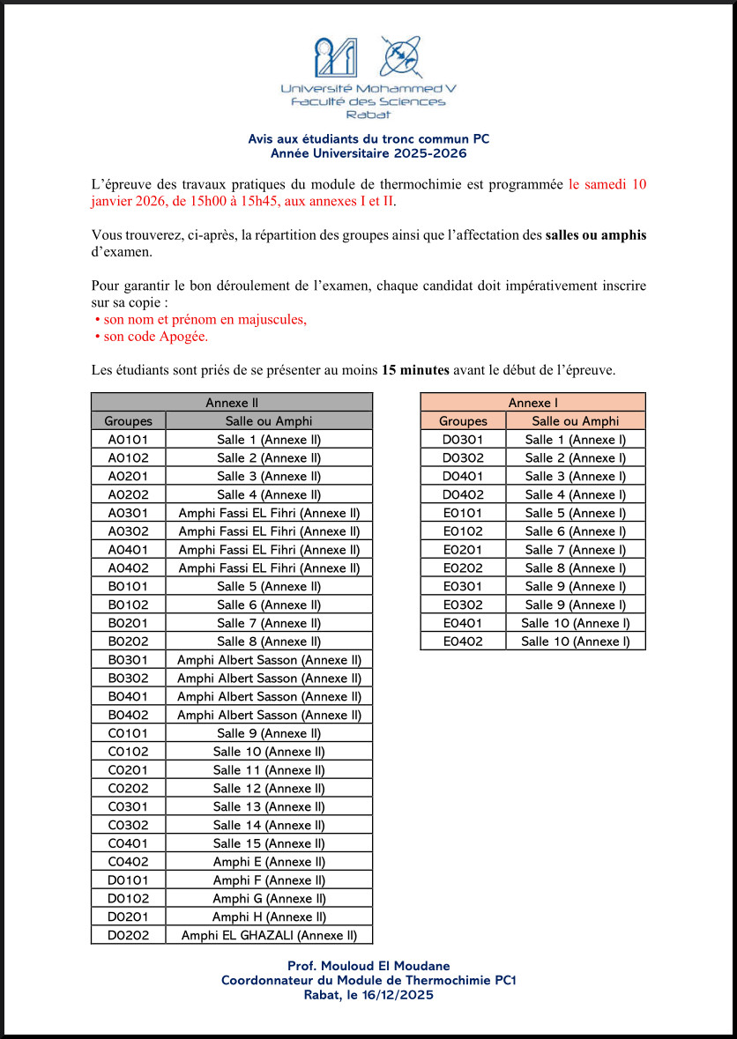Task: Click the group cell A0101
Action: click(128, 439)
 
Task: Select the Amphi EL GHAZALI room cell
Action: click(269, 935)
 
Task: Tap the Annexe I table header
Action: click(532, 403)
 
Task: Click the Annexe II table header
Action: click(231, 403)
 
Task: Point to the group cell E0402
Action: click(463, 642)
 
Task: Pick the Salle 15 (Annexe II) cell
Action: click(269, 843)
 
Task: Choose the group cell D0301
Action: click(463, 439)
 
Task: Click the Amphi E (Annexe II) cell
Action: click(269, 862)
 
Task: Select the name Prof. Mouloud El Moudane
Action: click(368, 967)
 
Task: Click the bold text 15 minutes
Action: click(415, 370)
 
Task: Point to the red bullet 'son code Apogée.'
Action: click(156, 337)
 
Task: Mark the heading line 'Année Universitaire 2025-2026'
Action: click(368, 153)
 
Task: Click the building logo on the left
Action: click(337, 57)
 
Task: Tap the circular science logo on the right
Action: click(400, 57)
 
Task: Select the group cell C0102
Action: click(128, 752)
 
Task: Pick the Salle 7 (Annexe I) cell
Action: click(576, 550)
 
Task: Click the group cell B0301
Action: click(128, 660)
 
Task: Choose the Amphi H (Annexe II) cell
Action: click(269, 917)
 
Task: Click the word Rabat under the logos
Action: click(368, 115)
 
